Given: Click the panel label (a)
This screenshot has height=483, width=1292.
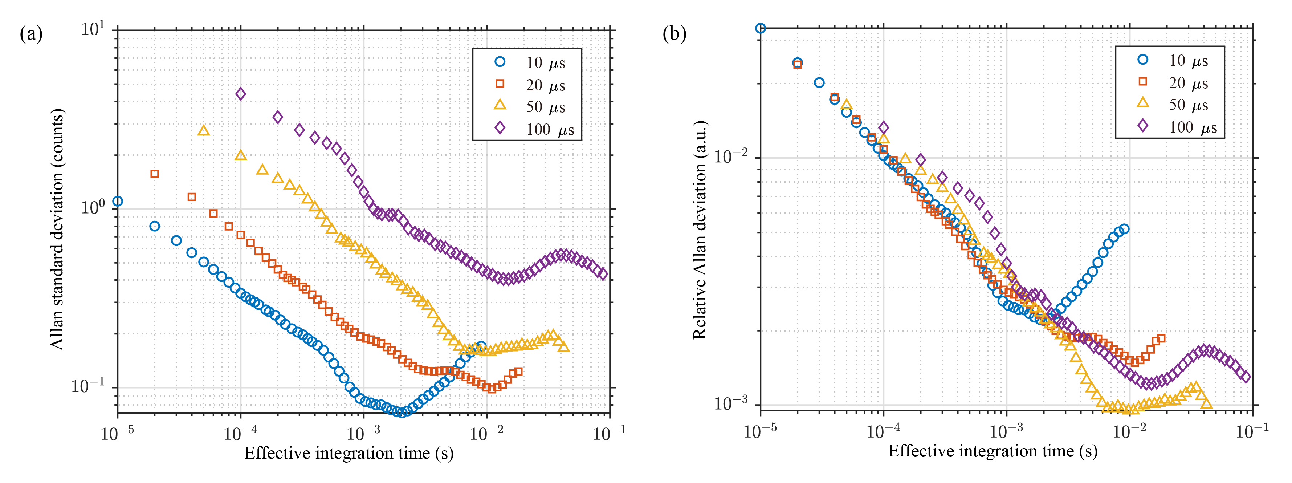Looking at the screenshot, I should [x=31, y=34].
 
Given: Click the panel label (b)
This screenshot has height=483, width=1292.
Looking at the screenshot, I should [x=674, y=34].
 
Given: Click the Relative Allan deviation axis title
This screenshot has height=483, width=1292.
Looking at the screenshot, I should [x=699, y=230].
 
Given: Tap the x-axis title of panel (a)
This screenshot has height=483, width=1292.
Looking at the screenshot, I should [x=349, y=453].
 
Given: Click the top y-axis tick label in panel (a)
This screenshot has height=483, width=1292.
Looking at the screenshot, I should [x=93, y=29].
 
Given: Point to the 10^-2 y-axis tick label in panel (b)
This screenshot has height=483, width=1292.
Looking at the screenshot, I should [x=733, y=157].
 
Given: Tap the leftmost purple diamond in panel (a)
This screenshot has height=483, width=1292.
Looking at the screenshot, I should [x=241, y=94].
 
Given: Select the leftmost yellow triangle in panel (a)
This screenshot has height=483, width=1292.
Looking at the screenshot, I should [x=204, y=131].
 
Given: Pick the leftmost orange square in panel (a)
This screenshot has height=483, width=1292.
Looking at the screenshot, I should [x=155, y=174].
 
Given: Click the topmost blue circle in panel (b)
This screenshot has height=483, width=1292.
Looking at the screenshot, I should [x=761, y=28].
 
